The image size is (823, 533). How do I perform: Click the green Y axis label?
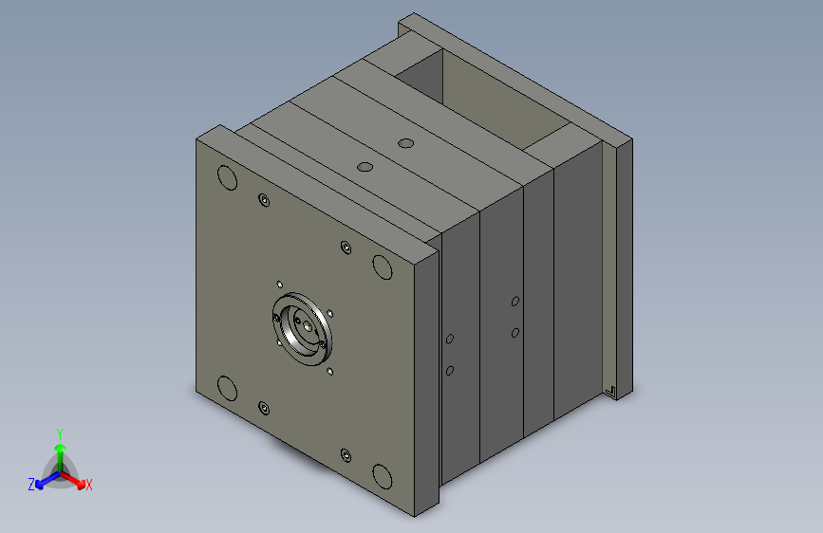(60, 433)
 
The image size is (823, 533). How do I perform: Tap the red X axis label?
(88, 486)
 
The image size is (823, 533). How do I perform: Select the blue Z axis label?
(31, 485)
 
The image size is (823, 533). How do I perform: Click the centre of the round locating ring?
(302, 329)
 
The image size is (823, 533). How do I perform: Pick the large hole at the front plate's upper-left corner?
(227, 178)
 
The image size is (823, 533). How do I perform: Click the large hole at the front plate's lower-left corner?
(227, 388)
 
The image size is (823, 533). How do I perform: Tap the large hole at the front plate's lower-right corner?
(383, 476)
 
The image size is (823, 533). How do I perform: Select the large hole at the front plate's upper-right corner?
(383, 267)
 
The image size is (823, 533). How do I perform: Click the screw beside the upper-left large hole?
(264, 200)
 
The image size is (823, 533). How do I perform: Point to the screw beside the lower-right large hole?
(346, 455)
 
